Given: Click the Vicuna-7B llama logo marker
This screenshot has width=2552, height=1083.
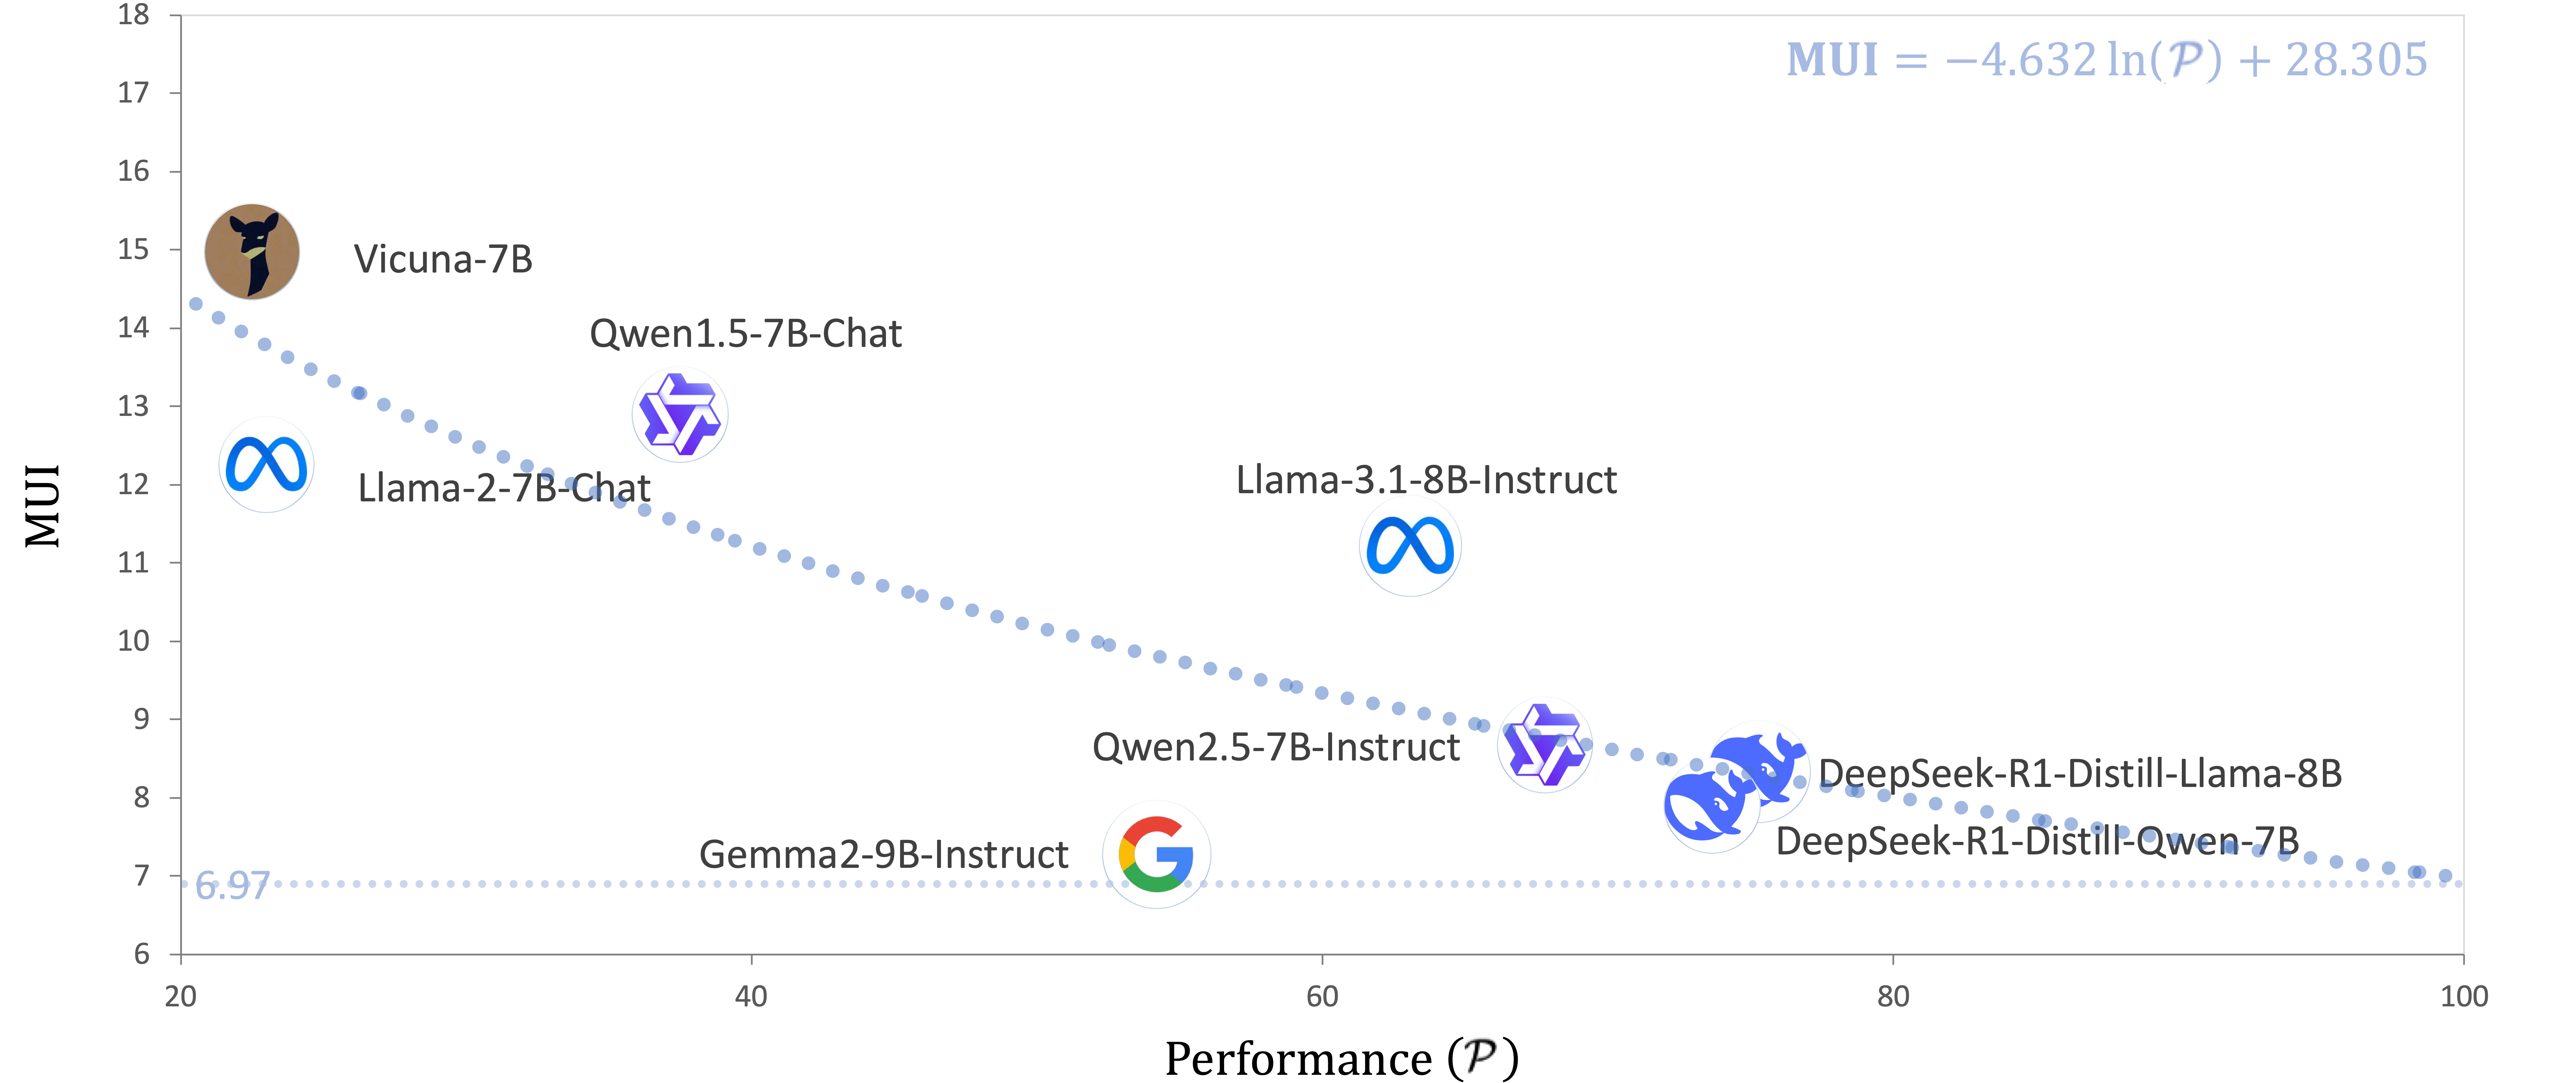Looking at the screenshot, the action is coord(252,252).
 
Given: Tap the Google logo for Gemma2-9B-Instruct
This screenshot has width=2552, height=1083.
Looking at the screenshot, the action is coord(1156,854).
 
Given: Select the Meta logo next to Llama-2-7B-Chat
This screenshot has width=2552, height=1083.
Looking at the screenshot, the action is coord(266,465).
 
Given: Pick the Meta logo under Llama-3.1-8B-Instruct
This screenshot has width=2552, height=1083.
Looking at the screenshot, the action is coord(1410,547).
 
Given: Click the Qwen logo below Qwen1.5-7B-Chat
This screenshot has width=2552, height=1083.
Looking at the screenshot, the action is coord(679,415).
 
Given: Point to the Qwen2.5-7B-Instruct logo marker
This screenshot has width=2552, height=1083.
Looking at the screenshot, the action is coord(1545,745).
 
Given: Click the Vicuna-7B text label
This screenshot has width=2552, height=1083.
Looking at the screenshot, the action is coord(443,260).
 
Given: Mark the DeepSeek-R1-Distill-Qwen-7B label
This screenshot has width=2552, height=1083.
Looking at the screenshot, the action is coord(2037,841).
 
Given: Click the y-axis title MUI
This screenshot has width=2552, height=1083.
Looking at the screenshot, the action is coord(43,505).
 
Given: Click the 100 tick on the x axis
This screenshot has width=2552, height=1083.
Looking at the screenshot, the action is coord(2463,996).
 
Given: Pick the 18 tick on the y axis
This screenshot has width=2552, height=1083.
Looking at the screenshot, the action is coord(134,15).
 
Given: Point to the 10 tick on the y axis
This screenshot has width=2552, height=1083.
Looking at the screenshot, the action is coord(134,641).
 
